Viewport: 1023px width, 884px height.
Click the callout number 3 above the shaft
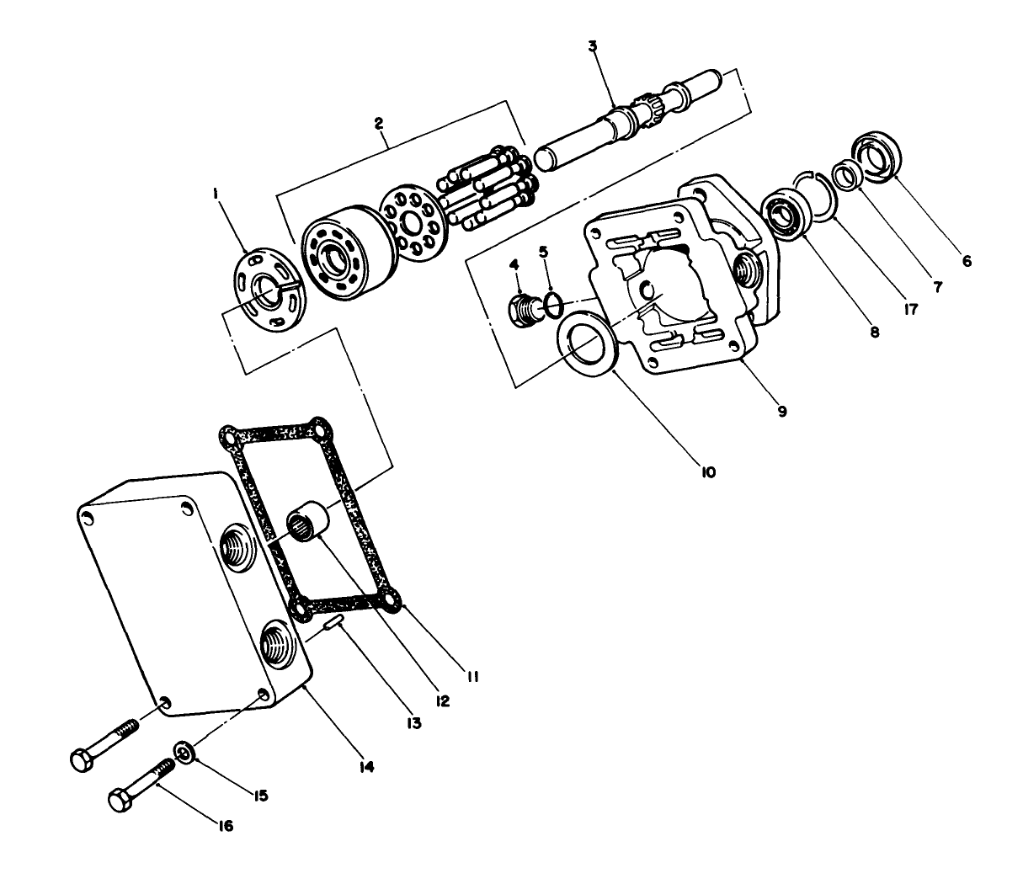[593, 45]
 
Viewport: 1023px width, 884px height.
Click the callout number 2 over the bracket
[380, 123]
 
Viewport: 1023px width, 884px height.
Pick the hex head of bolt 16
[123, 798]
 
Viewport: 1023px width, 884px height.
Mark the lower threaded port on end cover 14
[278, 646]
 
